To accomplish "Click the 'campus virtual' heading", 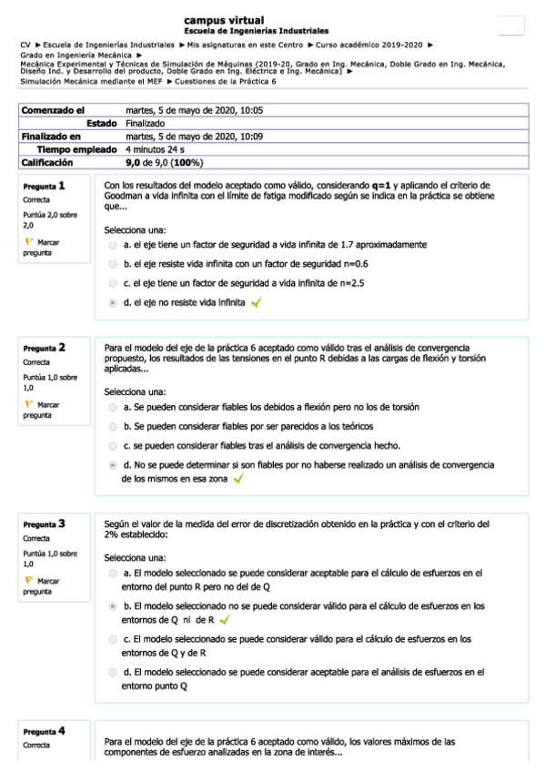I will pyautogui.click(x=224, y=19).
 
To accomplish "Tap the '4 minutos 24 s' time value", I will pyautogui.click(x=156, y=148).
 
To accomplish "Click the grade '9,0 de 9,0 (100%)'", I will pyautogui.click(x=164, y=162).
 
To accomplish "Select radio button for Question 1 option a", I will pyautogui.click(x=112, y=245).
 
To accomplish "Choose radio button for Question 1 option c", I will pyautogui.click(x=112, y=283).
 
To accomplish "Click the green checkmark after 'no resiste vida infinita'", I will pyautogui.click(x=256, y=303).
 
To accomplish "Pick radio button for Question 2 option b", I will pyautogui.click(x=112, y=426).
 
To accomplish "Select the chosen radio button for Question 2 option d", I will pyautogui.click(x=112, y=464).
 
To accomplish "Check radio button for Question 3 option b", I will pyautogui.click(x=112, y=604).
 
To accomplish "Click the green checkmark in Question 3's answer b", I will pyautogui.click(x=224, y=619).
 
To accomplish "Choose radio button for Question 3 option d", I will pyautogui.click(x=112, y=673).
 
